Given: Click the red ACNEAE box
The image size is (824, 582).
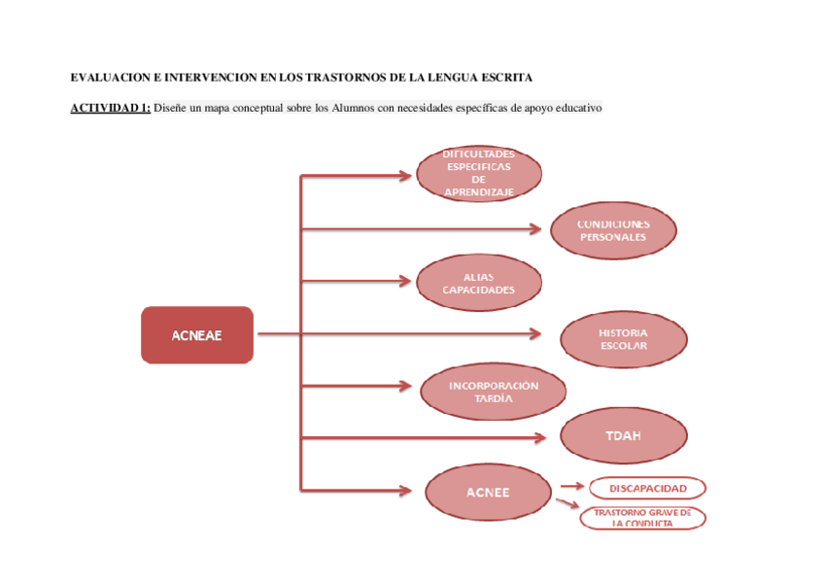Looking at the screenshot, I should [x=197, y=335].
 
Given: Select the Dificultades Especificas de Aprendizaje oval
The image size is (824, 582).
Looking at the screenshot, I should [x=479, y=174].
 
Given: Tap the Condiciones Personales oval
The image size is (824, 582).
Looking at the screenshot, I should [x=612, y=231].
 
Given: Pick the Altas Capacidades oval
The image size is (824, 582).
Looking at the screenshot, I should [x=479, y=283].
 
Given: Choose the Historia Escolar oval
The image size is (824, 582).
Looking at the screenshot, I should [x=623, y=339].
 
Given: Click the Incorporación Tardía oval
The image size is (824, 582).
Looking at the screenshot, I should [x=493, y=392].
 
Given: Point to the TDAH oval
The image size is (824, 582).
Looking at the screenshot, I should [x=623, y=435].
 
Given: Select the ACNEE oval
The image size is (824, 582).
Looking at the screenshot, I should [x=488, y=492].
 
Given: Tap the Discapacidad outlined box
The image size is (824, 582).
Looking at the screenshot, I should [x=647, y=488].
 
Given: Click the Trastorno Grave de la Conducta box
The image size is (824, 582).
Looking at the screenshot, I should [x=642, y=517].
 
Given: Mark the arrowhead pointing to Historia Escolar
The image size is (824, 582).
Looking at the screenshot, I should [x=535, y=334].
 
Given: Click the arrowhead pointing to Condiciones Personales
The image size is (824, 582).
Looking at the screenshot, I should [x=535, y=229].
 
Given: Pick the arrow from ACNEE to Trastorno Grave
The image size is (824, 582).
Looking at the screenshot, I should [x=566, y=503].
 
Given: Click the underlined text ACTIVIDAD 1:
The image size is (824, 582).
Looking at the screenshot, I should [x=110, y=108].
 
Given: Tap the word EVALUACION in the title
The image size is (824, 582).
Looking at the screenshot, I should [x=105, y=77].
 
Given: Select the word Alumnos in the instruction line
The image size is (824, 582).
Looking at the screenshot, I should [x=353, y=108].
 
